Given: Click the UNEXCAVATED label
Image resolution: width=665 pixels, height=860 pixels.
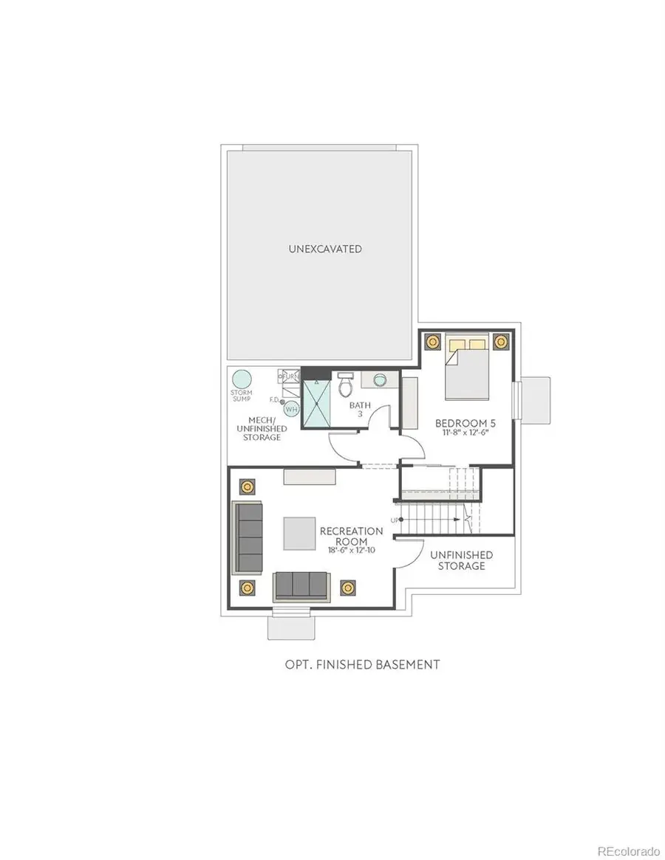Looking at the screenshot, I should (x=325, y=249).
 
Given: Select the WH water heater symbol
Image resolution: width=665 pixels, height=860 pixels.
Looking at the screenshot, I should (x=292, y=409).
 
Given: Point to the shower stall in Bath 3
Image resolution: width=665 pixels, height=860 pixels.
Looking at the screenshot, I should (x=316, y=403).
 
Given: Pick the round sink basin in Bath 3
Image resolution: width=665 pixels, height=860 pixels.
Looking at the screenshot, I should (x=380, y=379).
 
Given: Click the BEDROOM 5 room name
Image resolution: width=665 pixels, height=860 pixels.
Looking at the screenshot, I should (x=461, y=423).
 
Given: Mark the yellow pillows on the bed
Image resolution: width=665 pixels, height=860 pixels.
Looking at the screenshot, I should (x=467, y=343).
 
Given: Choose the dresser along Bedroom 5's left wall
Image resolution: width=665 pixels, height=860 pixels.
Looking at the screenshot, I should (x=409, y=403).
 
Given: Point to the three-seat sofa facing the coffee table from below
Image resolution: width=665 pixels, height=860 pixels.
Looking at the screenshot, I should (x=303, y=585).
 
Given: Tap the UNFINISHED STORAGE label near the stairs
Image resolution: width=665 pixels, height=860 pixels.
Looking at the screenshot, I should (x=461, y=560).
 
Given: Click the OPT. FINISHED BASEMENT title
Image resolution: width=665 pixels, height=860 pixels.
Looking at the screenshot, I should (x=362, y=664).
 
